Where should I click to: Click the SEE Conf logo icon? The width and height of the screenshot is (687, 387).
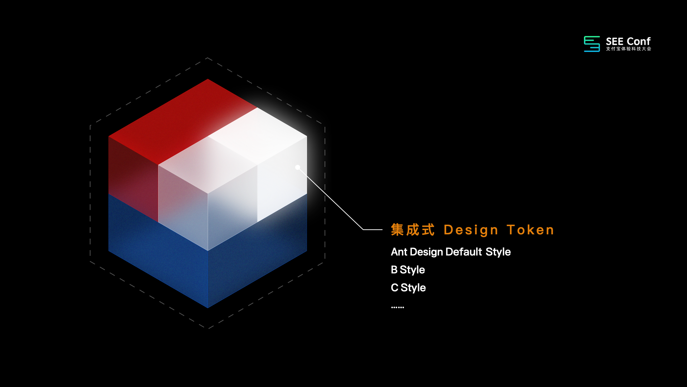point(592,44)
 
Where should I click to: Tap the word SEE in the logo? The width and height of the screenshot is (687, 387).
point(615,42)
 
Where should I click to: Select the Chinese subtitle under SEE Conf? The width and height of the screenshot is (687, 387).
point(628,49)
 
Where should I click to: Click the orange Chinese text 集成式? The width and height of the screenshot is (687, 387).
point(413,230)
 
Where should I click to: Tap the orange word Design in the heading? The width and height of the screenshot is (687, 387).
point(471,230)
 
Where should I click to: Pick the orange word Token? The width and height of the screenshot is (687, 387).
point(531,230)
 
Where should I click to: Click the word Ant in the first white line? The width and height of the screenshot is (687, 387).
point(399,252)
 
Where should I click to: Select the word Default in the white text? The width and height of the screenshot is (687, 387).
point(464,252)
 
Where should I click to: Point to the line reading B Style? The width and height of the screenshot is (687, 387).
point(408,270)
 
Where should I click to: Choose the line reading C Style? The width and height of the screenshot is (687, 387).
point(408,288)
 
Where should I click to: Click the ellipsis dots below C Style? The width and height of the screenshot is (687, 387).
point(398,307)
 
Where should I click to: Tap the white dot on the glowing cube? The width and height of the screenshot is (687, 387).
point(298,167)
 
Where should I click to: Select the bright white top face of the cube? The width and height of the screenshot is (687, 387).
point(258,136)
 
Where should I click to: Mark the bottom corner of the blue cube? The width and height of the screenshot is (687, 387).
point(208,308)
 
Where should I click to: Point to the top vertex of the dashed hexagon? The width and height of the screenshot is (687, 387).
point(208,58)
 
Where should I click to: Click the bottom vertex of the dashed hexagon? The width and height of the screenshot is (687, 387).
point(208,329)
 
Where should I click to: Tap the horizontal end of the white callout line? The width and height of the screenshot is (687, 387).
point(382,229)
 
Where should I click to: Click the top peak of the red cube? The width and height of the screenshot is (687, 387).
point(208,79)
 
